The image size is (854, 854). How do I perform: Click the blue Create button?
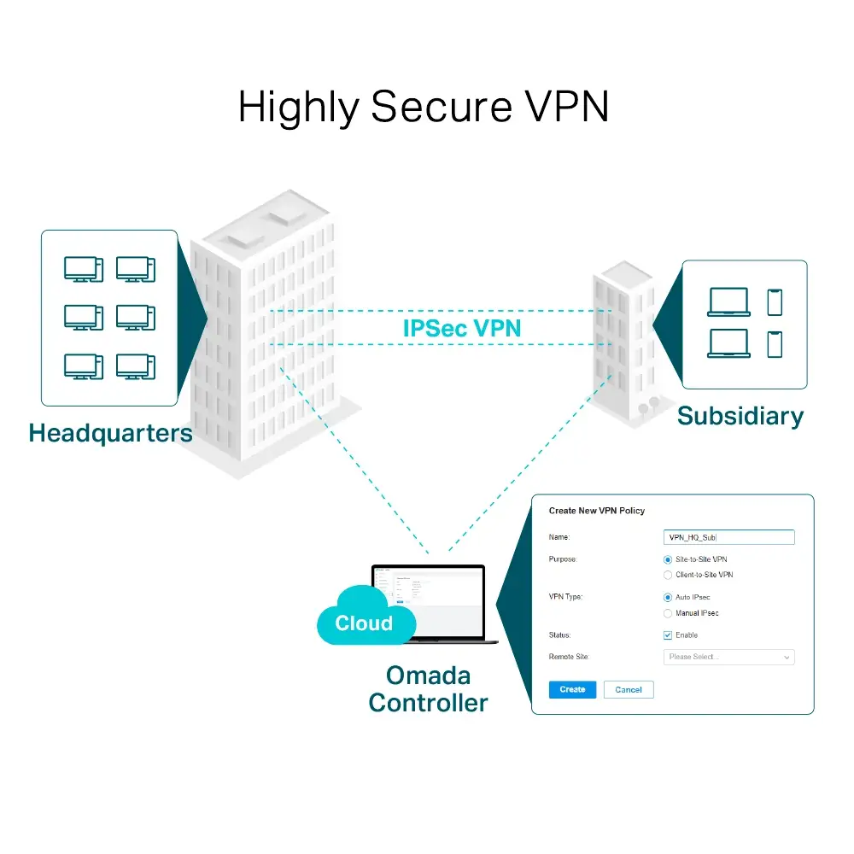572,689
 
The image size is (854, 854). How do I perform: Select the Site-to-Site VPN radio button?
668,559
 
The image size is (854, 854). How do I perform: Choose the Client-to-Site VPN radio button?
668,575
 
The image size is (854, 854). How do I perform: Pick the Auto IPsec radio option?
668,598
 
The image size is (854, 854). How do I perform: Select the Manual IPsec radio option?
668,613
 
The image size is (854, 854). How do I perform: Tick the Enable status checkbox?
668,635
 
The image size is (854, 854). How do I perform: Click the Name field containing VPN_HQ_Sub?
728,537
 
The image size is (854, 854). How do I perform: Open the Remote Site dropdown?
728,657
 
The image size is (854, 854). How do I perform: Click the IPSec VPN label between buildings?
462,328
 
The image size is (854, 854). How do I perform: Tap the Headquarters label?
111,433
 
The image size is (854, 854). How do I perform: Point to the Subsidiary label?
740,416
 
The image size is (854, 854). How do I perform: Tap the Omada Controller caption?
428,689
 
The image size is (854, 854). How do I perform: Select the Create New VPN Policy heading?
597,511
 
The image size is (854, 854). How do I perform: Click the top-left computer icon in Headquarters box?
83,269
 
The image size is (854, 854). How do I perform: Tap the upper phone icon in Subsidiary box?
775,302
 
